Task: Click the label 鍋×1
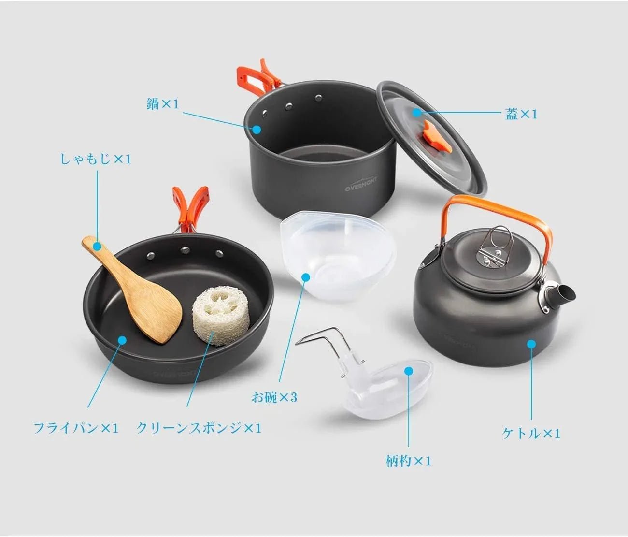pyautogui.click(x=162, y=104)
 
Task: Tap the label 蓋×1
pyautogui.click(x=521, y=114)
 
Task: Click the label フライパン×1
pyautogui.click(x=76, y=428)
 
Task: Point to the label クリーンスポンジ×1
pyautogui.click(x=199, y=428)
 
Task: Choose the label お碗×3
pyautogui.click(x=274, y=397)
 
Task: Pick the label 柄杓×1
pyautogui.click(x=408, y=461)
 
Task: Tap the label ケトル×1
pyautogui.click(x=531, y=433)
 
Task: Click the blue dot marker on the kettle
pyautogui.click(x=531, y=344)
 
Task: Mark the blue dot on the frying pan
pyautogui.click(x=122, y=340)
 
